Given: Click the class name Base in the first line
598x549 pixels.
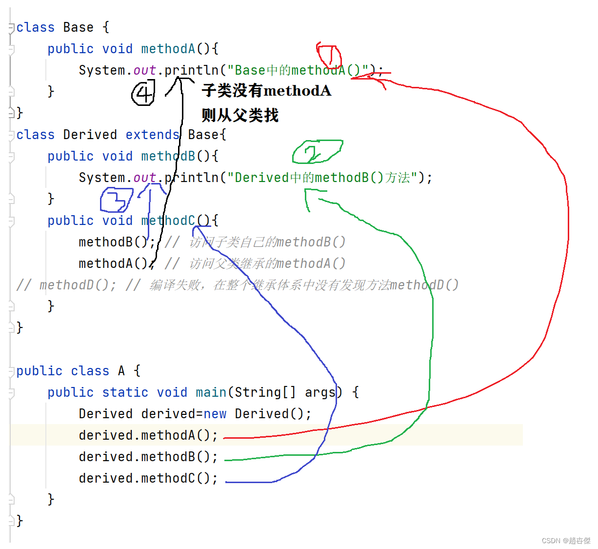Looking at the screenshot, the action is click(x=78, y=27).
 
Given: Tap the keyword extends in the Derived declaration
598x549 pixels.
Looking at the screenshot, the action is click(x=152, y=135).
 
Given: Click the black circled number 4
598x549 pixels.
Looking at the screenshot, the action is click(x=143, y=93).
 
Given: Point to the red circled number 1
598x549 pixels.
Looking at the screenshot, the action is click(x=329, y=55).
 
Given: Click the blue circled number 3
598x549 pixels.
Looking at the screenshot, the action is click(x=116, y=200).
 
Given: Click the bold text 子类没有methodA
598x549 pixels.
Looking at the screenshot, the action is click(x=266, y=91).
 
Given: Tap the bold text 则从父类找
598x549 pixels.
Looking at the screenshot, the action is click(x=240, y=116).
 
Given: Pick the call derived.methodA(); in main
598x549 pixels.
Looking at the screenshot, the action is click(x=148, y=435).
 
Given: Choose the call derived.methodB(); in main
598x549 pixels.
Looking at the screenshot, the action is click(x=148, y=457).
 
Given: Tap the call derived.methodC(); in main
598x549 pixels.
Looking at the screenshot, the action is click(x=148, y=478).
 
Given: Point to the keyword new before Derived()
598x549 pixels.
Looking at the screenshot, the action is click(x=215, y=414).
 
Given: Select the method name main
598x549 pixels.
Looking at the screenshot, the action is click(x=211, y=392).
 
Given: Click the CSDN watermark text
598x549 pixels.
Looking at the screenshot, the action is click(x=566, y=541).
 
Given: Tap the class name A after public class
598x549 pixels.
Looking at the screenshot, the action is click(x=121, y=371).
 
